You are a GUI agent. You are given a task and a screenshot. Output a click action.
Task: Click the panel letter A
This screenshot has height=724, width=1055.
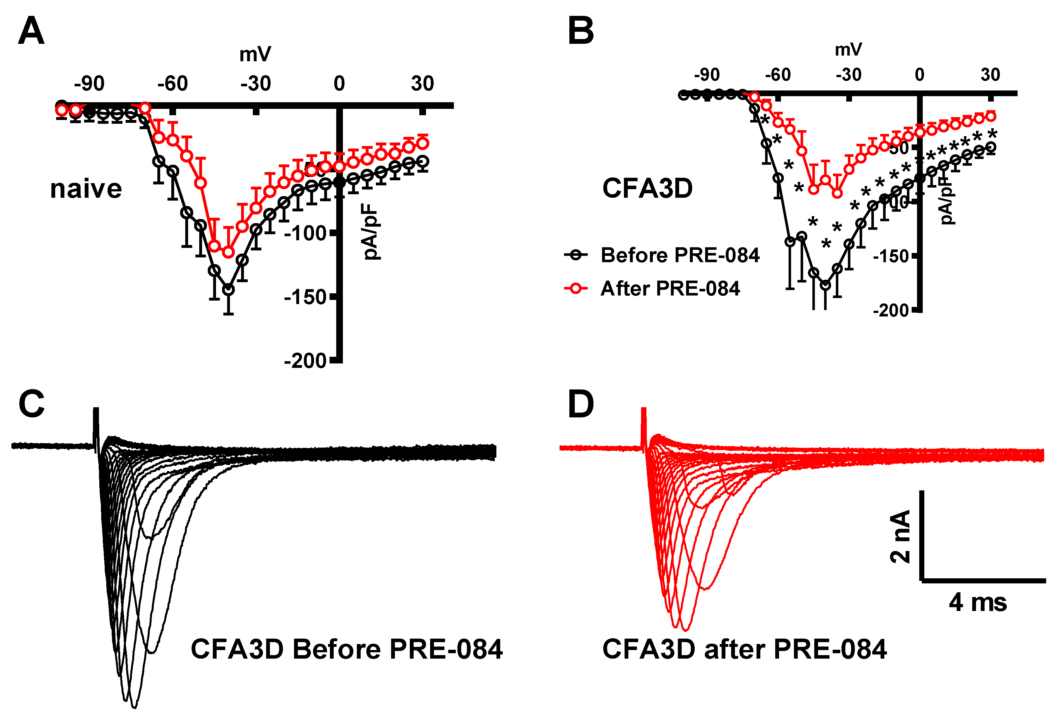31,31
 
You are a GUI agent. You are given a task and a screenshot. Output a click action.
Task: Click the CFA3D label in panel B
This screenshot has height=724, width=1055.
647,188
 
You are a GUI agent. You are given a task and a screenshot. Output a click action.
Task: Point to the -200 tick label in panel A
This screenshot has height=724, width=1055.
305,361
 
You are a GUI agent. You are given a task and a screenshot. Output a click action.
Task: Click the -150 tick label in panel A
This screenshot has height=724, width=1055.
305,297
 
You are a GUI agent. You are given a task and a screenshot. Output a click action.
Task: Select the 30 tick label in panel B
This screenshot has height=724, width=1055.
990,75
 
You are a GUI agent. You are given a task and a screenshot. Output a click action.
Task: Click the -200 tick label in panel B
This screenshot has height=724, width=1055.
891,311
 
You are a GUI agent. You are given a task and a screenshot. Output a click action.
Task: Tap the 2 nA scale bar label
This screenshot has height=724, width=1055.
900,536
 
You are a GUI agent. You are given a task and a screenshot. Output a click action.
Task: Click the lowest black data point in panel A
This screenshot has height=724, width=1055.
229,289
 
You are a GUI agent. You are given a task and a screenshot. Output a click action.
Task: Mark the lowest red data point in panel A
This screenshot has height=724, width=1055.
229,252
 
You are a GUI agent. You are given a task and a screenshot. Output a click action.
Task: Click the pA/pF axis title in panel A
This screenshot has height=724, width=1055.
371,232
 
